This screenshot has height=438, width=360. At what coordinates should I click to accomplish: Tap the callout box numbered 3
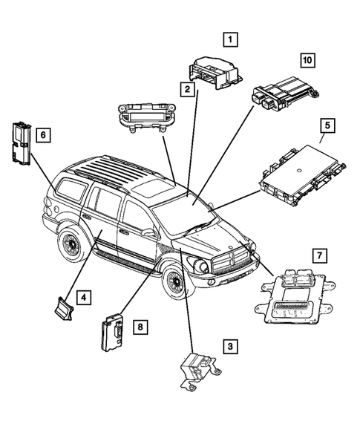(x=231, y=346)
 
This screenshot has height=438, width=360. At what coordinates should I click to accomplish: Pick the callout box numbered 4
(x=86, y=298)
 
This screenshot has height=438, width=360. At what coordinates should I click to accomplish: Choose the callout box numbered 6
(x=44, y=134)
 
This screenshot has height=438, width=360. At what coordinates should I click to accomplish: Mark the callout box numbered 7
(x=318, y=257)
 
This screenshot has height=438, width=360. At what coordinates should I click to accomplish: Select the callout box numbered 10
(x=307, y=59)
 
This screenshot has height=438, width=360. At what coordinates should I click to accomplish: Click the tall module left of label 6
(x=20, y=140)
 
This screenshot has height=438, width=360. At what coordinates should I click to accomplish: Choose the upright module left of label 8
(x=111, y=330)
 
